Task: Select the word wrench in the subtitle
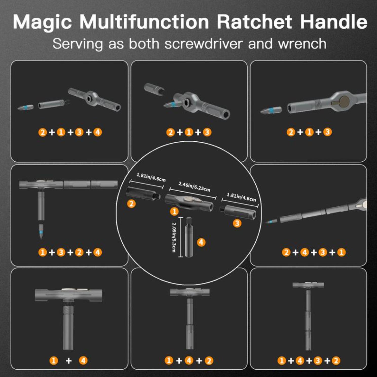(302, 44)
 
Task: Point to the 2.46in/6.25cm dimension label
(194, 187)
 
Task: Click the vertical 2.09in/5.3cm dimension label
(174, 237)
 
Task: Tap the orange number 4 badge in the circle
(201, 242)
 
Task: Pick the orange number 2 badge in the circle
(131, 204)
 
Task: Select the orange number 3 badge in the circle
(237, 223)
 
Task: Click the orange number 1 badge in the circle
(174, 211)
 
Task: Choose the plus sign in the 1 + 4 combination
(68, 361)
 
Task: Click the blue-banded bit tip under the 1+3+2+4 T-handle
(41, 231)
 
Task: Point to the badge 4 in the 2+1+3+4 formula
(98, 132)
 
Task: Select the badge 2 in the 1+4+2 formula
(209, 361)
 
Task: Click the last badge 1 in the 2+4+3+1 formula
(341, 252)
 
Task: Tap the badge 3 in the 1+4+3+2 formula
(318, 361)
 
